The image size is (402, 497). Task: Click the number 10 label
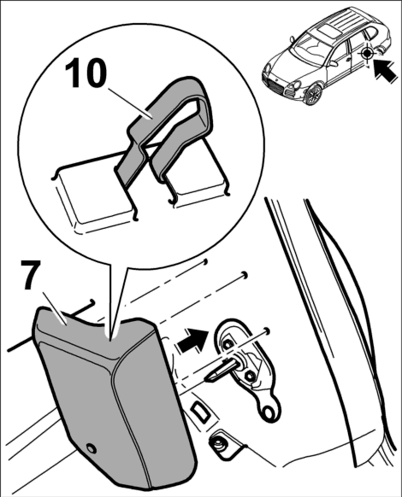(86, 73)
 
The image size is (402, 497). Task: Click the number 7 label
(32, 274)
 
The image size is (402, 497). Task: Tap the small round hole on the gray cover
(92, 448)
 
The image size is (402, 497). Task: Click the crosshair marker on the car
(367, 54)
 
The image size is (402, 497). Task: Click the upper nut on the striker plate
(228, 343)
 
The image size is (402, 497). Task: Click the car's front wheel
(313, 94)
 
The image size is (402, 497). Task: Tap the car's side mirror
(334, 63)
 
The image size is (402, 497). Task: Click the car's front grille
(277, 85)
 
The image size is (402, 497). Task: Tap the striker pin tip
(210, 377)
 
